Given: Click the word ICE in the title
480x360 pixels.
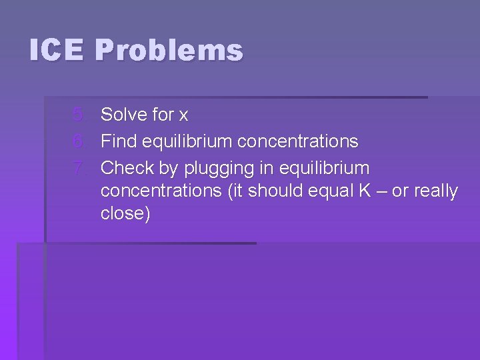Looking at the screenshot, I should [56, 51].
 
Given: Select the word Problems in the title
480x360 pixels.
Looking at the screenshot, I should [169, 51].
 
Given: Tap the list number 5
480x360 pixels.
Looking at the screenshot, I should [79, 115].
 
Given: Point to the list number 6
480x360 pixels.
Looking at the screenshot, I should [79, 141].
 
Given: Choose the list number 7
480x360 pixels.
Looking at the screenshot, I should [79, 167].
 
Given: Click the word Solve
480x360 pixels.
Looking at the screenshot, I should [123, 115].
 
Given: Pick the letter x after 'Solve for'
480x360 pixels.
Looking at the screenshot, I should [183, 115].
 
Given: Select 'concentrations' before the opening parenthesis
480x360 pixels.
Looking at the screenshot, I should [161, 191].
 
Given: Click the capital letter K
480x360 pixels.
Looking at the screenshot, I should [365, 191].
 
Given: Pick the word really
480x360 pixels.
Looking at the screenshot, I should [436, 191].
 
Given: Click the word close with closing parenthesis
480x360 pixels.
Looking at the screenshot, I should [125, 213].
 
